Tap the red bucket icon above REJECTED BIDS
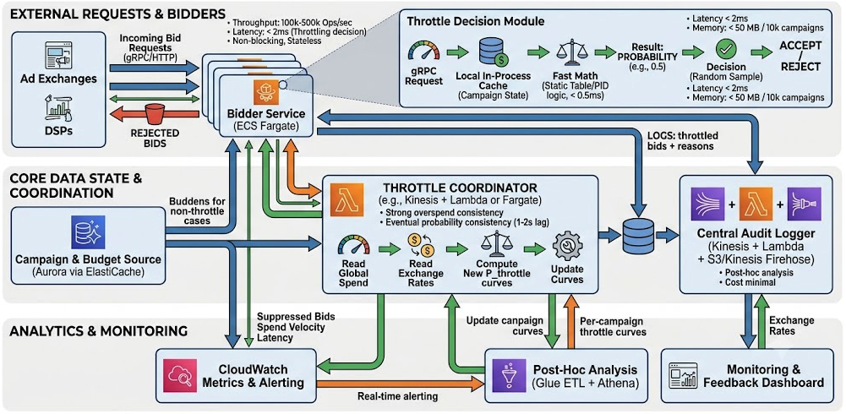click(x=155, y=114)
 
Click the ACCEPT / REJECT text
click(x=800, y=56)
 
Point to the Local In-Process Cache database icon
click(x=492, y=52)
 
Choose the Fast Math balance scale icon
click(x=567, y=53)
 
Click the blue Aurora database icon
click(x=87, y=232)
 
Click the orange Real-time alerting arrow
click(x=401, y=384)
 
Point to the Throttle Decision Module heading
click(x=475, y=22)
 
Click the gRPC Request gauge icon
click(x=424, y=51)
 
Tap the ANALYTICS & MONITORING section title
click(x=99, y=330)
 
